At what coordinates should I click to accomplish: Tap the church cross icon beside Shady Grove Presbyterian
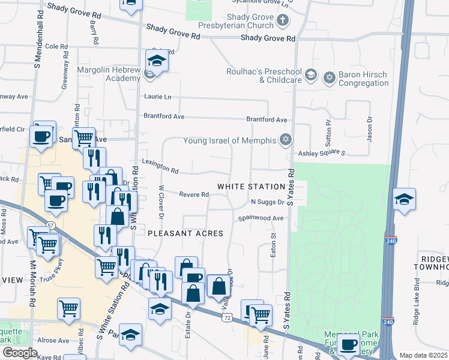click(x=282, y=22)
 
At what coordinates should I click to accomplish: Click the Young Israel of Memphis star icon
click(x=286, y=140)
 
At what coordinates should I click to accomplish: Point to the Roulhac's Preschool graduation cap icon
click(x=310, y=75)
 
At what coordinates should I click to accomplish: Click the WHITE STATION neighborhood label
click(x=251, y=187)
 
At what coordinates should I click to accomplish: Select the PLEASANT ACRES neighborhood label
click(x=185, y=233)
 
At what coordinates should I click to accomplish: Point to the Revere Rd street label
click(x=194, y=194)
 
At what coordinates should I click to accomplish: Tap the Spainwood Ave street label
click(x=261, y=218)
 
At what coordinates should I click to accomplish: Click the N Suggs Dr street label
click(x=267, y=202)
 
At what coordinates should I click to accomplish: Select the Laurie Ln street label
click(x=157, y=97)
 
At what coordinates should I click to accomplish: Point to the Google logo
click(x=20, y=353)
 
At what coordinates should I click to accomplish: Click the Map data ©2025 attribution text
click(x=423, y=355)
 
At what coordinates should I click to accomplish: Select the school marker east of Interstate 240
click(x=404, y=200)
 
